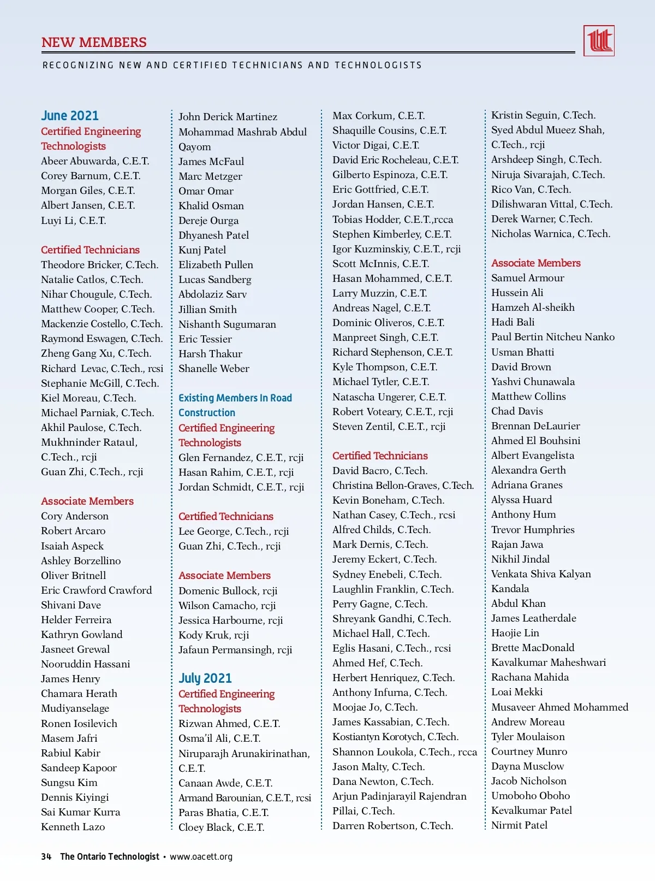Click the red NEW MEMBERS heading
coord(94,43)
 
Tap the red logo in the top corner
coord(599,41)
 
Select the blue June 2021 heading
coord(70,116)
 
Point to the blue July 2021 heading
coord(205,678)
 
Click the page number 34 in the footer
coord(46,856)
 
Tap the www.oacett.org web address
coord(201,856)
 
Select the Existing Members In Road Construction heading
coord(235,405)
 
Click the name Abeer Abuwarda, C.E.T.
coord(95,161)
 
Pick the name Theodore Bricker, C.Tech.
coord(99,265)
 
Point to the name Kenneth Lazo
coord(73,827)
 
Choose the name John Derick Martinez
coord(228,117)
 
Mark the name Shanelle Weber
coord(214,369)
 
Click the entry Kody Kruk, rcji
coord(213,635)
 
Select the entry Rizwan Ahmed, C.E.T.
coord(229,724)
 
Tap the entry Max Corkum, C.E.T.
coord(378,116)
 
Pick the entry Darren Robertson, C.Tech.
coord(392,826)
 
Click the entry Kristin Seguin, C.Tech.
coord(543,115)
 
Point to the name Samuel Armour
coord(527,278)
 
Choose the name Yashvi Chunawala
coord(533,382)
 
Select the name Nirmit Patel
coord(519,825)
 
